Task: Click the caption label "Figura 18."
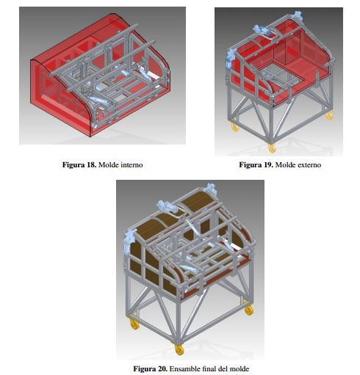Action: pos(79,164)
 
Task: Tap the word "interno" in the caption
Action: pos(131,164)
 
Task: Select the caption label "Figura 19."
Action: pos(256,164)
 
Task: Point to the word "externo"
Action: pos(309,164)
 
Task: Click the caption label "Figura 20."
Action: pos(150,368)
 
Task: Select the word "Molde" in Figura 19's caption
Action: pos(285,164)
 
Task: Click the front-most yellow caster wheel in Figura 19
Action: pos(272,148)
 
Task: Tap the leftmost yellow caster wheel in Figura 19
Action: pos(234,128)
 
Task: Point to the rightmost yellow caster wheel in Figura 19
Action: pos(329,116)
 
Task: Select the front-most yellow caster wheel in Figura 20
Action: pos(179,350)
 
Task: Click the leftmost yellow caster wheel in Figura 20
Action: pos(134,324)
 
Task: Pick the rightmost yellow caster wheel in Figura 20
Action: pos(248,310)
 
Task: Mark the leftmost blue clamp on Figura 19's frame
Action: pos(230,58)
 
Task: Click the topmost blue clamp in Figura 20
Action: pos(210,189)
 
